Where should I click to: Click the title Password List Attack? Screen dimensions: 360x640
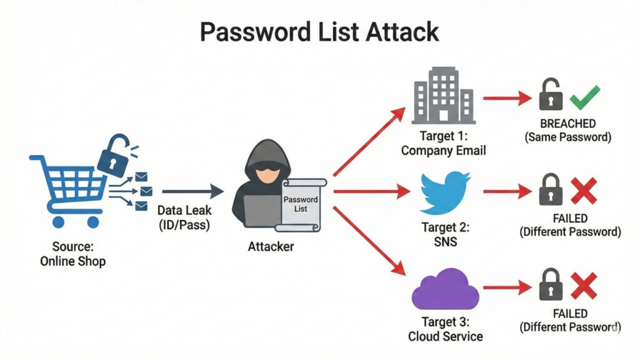pyautogui.click(x=320, y=31)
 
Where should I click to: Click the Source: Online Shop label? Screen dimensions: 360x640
pyautogui.click(x=72, y=253)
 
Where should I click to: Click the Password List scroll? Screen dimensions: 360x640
pyautogui.click(x=301, y=204)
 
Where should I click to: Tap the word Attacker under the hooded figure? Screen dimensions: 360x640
pyautogui.click(x=271, y=246)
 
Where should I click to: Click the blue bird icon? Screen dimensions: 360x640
pyautogui.click(x=444, y=192)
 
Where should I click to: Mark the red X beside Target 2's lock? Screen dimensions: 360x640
pyautogui.click(x=584, y=190)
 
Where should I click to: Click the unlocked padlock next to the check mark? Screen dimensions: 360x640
pyautogui.click(x=550, y=95)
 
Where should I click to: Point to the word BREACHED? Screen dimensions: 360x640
pyautogui.click(x=568, y=124)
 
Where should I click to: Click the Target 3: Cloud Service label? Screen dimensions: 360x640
pyautogui.click(x=445, y=329)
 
